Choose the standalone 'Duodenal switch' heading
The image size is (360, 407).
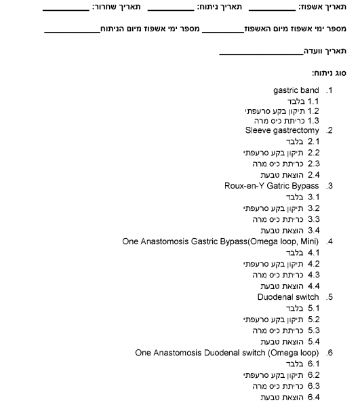288,296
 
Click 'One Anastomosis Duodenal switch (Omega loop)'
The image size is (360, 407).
227,352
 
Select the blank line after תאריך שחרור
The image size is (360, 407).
66,9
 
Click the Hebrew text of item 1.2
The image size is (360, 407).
274,110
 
